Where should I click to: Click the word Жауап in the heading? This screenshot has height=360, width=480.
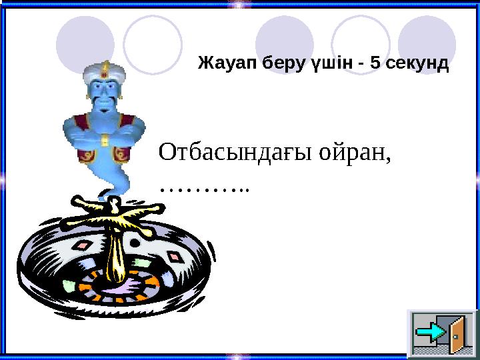coord(227,64)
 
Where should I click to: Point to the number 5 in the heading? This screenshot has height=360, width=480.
coord(376,64)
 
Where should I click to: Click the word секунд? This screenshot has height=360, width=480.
coord(417,64)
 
